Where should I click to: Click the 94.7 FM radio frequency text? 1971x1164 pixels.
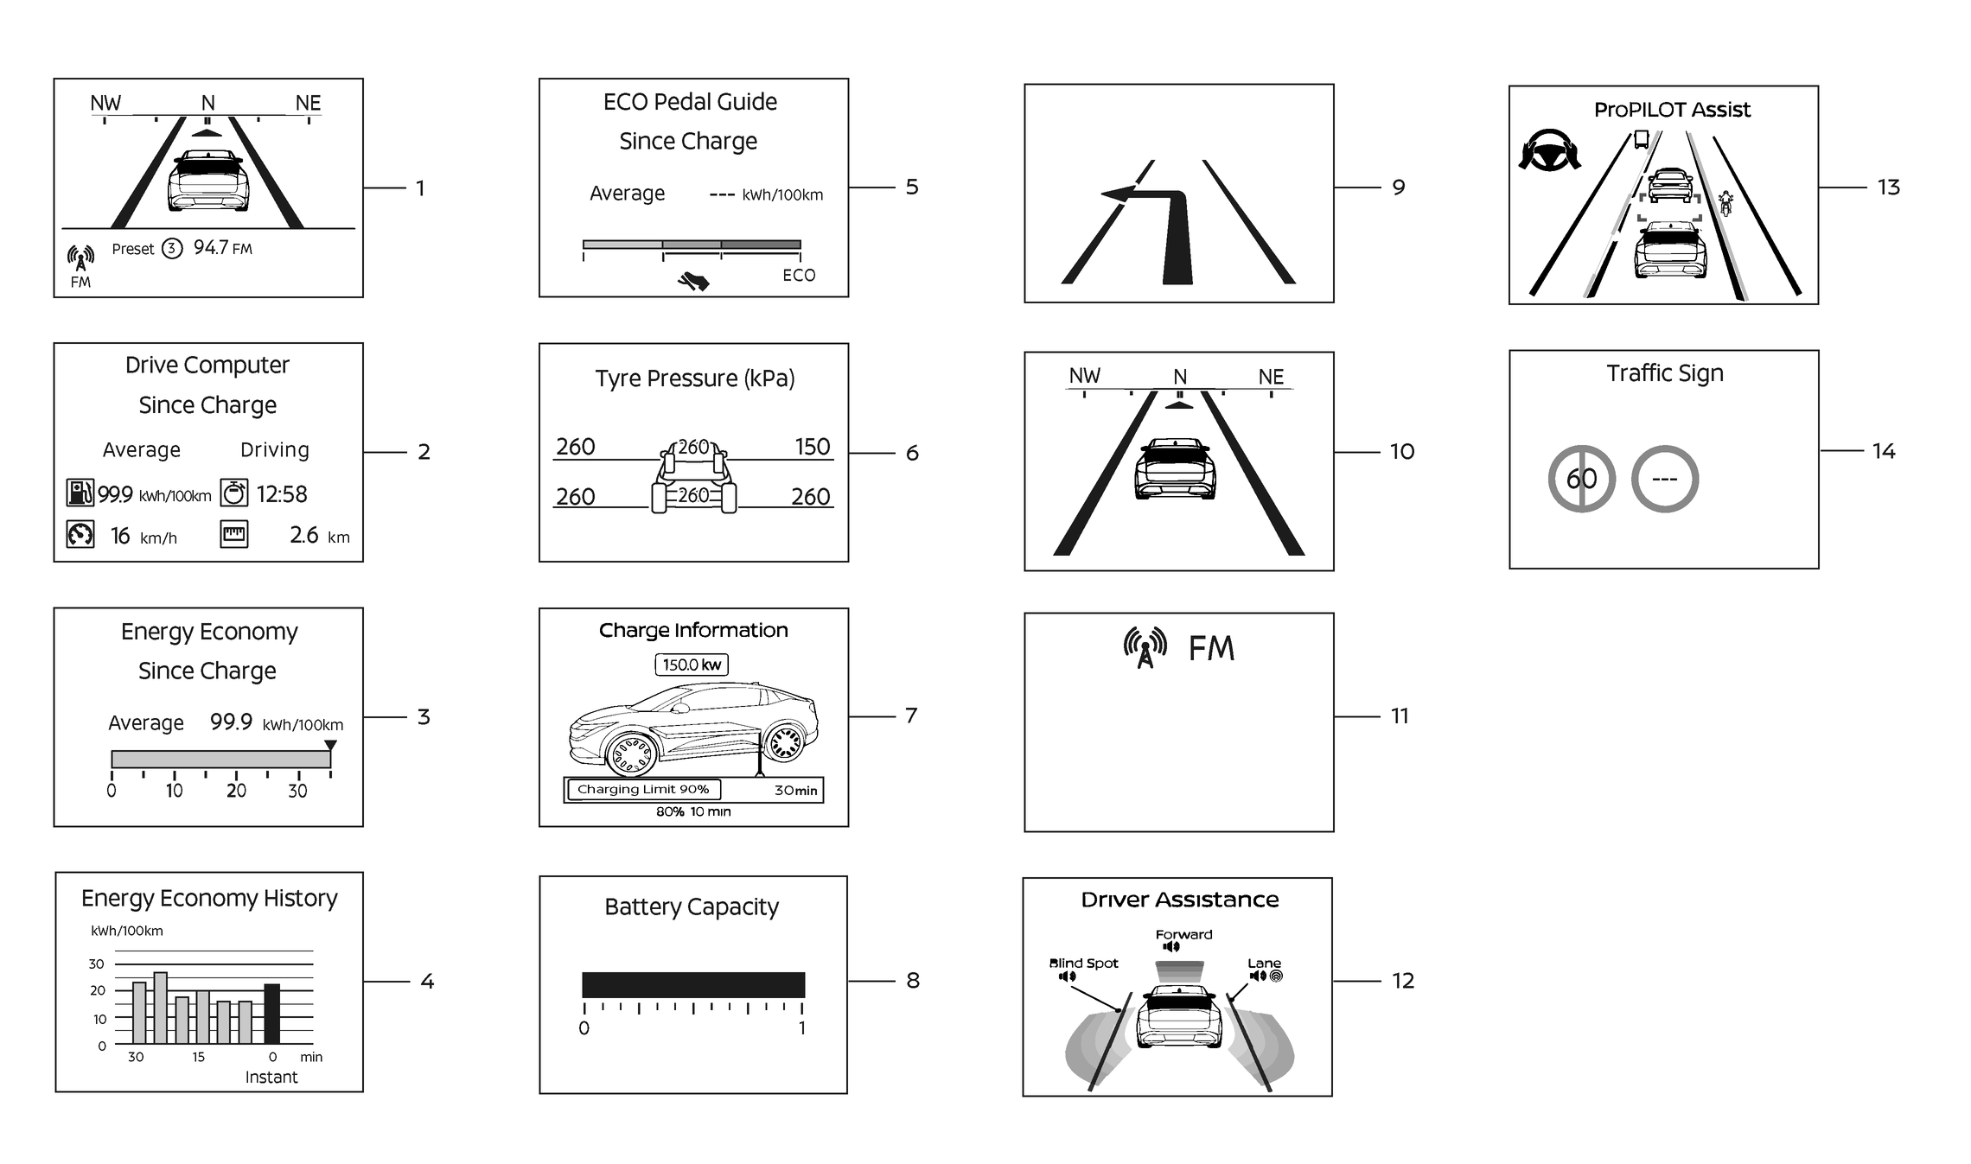(222, 248)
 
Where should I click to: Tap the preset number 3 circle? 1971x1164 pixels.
(172, 249)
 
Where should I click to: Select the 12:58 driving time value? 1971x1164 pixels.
(282, 494)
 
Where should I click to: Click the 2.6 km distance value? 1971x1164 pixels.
(319, 536)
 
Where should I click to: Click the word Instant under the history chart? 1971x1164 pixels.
(271, 1077)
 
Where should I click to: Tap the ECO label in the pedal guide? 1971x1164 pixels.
(799, 275)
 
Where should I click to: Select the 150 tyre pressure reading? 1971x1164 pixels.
(813, 447)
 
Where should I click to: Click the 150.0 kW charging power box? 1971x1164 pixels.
(692, 665)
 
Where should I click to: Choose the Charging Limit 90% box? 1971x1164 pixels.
(643, 789)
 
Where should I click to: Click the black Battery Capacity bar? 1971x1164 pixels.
(693, 984)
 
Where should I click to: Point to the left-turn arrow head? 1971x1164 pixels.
(1116, 194)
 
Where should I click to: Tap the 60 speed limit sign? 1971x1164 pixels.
(1581, 479)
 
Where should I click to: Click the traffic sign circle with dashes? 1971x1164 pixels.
(1664, 479)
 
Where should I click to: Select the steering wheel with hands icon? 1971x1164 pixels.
(1549, 151)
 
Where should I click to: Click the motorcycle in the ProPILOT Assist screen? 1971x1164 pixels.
(1725, 204)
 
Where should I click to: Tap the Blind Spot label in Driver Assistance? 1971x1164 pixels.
(1083, 963)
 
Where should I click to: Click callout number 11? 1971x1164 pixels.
(1400, 716)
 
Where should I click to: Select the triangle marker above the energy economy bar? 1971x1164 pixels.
(330, 745)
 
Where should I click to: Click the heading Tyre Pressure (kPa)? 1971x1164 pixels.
(694, 378)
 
